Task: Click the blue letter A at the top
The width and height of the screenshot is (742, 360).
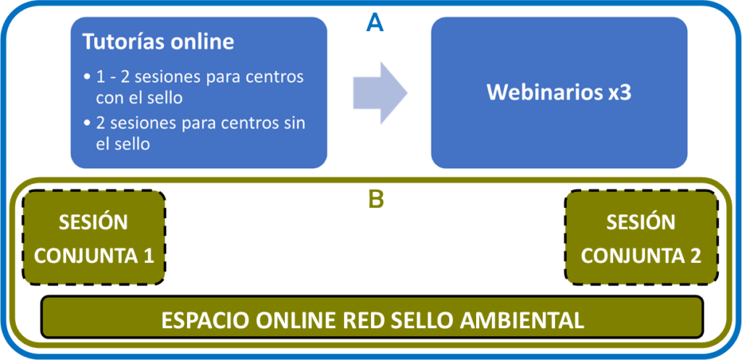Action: point(375,22)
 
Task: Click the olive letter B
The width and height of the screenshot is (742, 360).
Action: point(376,201)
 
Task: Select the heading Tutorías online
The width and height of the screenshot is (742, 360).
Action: point(159,43)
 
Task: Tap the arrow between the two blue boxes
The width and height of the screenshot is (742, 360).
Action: point(380,93)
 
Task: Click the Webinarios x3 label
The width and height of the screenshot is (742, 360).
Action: point(559,93)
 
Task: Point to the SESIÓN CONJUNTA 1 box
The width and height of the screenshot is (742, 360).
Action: point(94,238)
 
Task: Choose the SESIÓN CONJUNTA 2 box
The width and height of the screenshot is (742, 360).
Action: point(641,238)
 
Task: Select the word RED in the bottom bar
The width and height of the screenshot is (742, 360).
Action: point(367,321)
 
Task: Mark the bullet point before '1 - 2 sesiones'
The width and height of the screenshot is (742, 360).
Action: point(86,77)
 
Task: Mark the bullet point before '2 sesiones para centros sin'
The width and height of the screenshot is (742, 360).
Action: point(86,123)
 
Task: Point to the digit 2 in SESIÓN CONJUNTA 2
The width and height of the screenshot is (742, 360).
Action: point(695,256)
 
